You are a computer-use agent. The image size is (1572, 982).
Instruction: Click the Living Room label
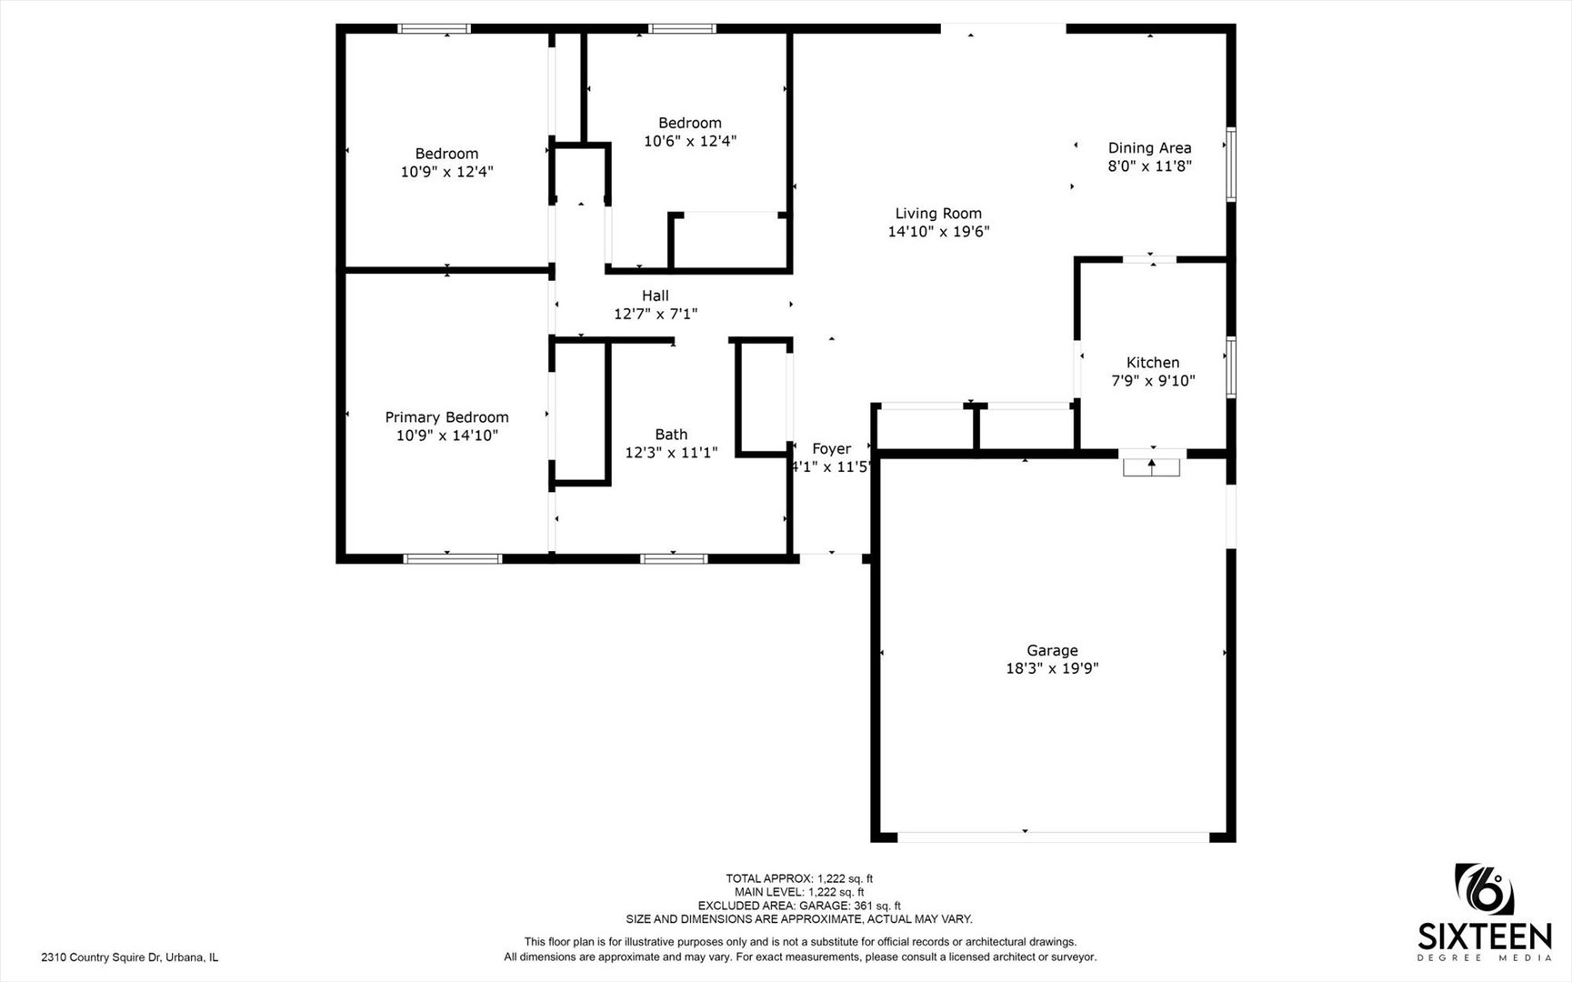(x=938, y=214)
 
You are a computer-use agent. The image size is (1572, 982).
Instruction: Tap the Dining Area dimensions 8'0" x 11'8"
(x=1149, y=166)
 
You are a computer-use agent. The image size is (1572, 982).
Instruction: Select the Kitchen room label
(x=1153, y=363)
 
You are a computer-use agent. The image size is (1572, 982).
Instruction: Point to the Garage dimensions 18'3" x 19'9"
(x=1052, y=668)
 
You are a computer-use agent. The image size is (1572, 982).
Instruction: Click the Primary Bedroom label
(x=446, y=417)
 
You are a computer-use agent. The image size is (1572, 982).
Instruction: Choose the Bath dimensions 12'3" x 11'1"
(x=671, y=453)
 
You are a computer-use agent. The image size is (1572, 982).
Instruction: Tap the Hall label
(x=656, y=296)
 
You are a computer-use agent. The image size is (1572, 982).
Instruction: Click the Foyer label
(x=831, y=448)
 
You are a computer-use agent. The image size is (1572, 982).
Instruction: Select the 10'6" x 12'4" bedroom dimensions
(x=690, y=141)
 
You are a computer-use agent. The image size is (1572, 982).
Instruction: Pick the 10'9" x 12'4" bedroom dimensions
(x=446, y=172)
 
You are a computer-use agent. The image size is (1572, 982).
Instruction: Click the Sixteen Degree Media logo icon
(x=1485, y=889)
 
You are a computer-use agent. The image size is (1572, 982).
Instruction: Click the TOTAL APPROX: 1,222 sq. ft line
(x=799, y=878)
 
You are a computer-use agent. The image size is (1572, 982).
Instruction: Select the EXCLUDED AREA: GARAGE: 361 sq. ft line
(x=799, y=906)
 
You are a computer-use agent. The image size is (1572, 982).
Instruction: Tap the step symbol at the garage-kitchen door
(x=1152, y=467)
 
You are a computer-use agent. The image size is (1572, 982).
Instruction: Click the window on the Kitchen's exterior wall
(x=1231, y=367)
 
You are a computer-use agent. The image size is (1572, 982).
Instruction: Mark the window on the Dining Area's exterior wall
(x=1231, y=165)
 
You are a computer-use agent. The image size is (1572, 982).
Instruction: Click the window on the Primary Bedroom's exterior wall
(x=453, y=558)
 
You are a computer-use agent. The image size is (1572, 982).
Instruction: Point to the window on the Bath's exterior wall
(x=674, y=558)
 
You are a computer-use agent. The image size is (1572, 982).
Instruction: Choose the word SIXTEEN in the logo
(x=1486, y=937)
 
